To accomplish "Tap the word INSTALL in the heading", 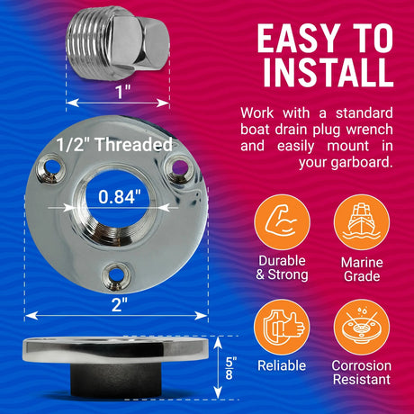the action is pos(328,72).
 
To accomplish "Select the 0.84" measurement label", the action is pos(120,197).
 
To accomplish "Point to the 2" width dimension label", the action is pos(120,305).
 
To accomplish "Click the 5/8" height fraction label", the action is pos(230,368).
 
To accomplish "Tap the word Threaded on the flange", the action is pos(133,144).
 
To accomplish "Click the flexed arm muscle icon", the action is pos(282,222).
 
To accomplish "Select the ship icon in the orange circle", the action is pos(362,222).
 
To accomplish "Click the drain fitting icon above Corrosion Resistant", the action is pos(362,327).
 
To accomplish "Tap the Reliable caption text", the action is pos(282,365).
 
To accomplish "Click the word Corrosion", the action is pos(362,365).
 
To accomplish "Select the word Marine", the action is pos(362,263).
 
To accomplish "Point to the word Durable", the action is pos(282,261).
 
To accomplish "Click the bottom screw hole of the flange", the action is pos(115,275).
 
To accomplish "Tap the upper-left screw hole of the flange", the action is pos(52,168).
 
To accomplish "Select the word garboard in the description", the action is pos(362,163).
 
